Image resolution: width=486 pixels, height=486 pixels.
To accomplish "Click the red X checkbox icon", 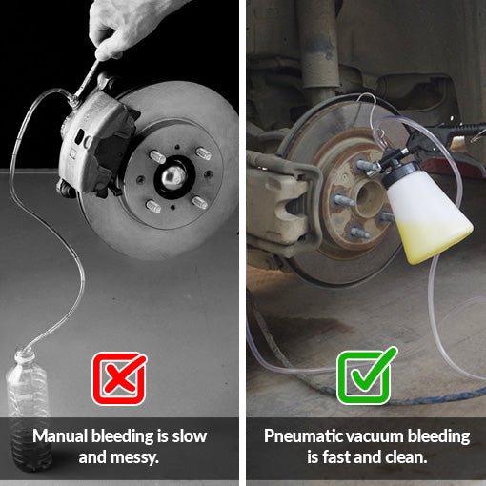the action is pos(119,378).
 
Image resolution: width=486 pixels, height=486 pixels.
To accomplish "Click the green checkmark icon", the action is pos(365,376).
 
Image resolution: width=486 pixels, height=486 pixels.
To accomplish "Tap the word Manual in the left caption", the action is pos(60,435).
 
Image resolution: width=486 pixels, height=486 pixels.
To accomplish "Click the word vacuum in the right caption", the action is pos(375,436).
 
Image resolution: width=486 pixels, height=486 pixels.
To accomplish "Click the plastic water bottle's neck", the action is pos(25,355).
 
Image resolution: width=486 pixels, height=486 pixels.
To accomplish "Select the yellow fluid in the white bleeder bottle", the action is pos(434,240).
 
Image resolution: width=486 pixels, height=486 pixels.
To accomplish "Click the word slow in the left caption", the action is pos(190,435).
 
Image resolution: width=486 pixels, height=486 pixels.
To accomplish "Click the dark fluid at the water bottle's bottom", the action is pos(30,445).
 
